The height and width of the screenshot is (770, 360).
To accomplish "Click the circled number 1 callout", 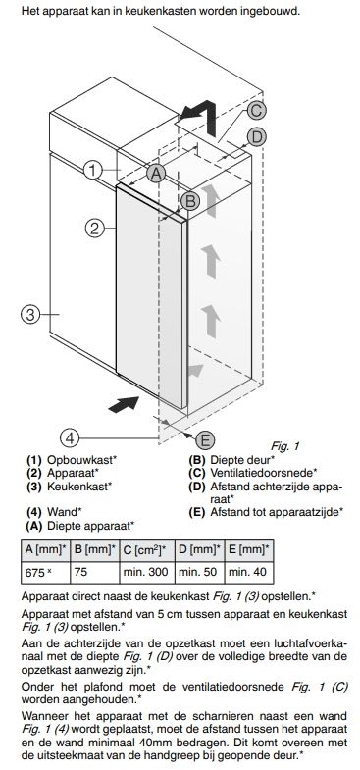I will (x=94, y=170).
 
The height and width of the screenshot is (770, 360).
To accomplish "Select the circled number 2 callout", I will (x=94, y=229).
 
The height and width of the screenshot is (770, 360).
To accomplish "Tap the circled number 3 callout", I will (x=30, y=315).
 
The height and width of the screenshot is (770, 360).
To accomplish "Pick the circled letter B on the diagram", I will (x=190, y=201).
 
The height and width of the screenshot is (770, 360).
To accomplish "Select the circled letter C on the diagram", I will (x=254, y=111).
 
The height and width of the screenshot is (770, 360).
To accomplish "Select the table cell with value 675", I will (x=42, y=572).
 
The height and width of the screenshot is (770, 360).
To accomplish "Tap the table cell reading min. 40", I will (x=249, y=572).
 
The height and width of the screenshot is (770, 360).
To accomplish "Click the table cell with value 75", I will (x=95, y=572).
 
